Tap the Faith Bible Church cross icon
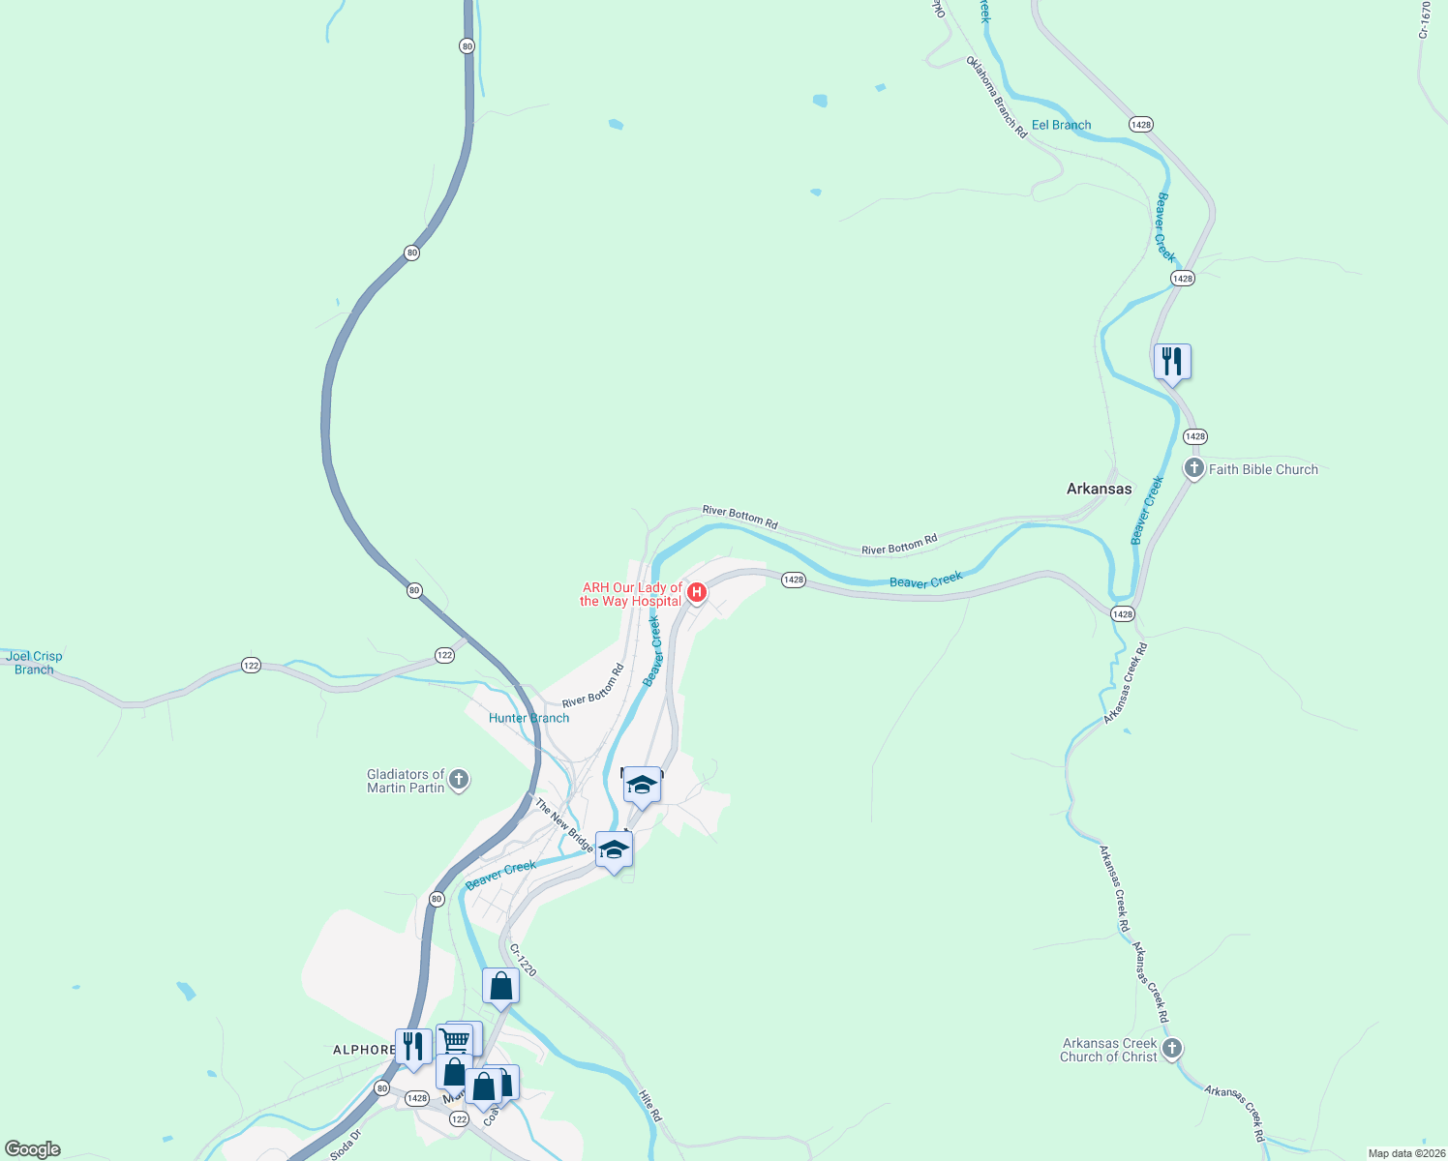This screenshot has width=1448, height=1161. click(x=1194, y=470)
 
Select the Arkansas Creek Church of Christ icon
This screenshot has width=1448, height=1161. click(x=1172, y=1049)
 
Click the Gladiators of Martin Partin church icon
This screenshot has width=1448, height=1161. click(x=459, y=780)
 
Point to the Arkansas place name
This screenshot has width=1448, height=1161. click(x=1099, y=489)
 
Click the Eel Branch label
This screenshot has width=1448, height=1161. click(x=1061, y=125)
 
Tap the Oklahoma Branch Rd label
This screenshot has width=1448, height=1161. click(x=996, y=97)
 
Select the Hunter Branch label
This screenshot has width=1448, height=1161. click(x=528, y=718)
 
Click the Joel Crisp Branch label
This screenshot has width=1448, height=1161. click(x=34, y=663)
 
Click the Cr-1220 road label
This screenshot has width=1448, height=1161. click(x=522, y=960)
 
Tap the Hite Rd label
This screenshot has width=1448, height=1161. click(x=650, y=1106)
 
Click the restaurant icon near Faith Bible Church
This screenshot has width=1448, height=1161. click(x=1172, y=362)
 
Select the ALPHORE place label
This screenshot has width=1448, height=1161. click(x=364, y=1050)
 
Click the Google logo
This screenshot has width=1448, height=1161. click(x=33, y=1149)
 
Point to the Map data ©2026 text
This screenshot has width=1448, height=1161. click(x=1404, y=1153)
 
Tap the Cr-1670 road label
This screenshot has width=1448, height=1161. click(x=1425, y=19)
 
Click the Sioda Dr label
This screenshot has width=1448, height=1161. click(x=346, y=1145)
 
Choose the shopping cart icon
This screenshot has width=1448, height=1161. click(x=454, y=1040)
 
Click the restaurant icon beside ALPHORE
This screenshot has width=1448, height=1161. click(x=413, y=1046)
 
